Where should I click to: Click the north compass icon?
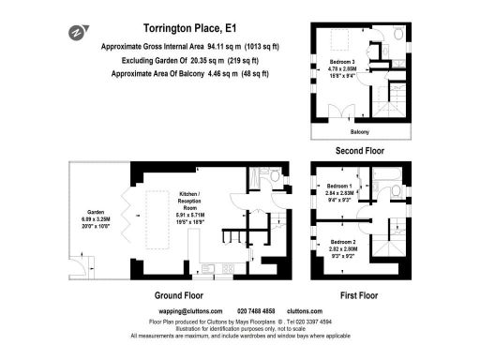click(74, 33)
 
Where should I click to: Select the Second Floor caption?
click(359, 150)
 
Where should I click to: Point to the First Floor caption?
click(359, 293)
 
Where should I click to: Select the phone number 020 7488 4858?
click(256, 310)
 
